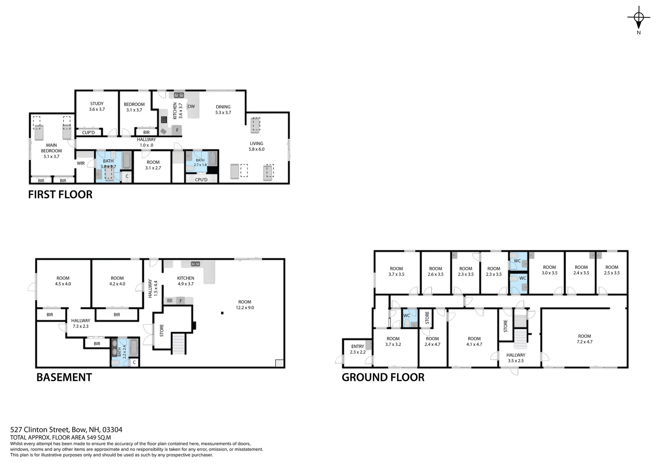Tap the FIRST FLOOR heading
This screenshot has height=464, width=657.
[60, 195]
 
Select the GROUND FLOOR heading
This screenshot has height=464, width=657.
[383, 377]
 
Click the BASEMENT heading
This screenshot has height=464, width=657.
[64, 377]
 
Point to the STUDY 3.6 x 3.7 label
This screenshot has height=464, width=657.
[97, 106]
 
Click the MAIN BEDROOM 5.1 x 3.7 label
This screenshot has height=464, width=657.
[51, 151]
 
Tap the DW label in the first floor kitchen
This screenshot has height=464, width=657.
[191, 106]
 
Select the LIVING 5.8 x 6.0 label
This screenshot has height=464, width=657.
[256, 146]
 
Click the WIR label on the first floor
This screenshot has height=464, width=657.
[81, 163]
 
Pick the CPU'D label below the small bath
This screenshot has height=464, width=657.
[201, 180]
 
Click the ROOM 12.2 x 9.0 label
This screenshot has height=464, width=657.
[245, 305]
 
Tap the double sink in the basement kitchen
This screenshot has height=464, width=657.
[195, 264]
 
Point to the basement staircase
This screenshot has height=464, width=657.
[179, 343]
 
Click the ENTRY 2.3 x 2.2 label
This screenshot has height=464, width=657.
[358, 349]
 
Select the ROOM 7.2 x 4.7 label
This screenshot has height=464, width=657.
[584, 339]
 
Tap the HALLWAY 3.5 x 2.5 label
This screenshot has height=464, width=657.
[516, 358]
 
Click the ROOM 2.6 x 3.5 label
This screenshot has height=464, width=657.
[436, 271]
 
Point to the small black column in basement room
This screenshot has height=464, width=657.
[222, 313]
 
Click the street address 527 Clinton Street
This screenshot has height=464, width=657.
[66, 430]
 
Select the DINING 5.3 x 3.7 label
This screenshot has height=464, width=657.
[223, 109]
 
